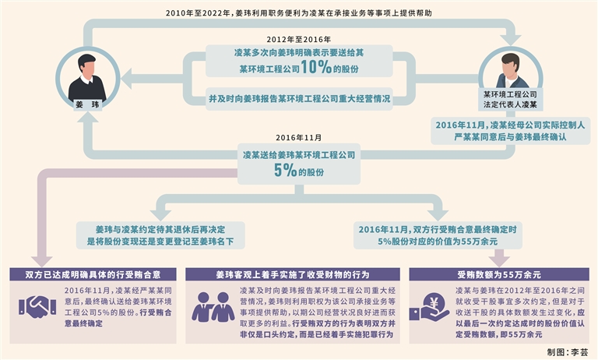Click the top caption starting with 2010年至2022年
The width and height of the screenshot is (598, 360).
pyautogui.click(x=299, y=14)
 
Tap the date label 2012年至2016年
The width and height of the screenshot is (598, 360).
pyautogui.click(x=299, y=39)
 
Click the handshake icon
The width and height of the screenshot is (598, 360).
pyautogui.click(x=37, y=306)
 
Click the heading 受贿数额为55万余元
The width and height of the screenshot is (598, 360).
pyautogui.click(x=499, y=274)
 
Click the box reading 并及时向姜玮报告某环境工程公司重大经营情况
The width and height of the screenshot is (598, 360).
pyautogui.click(x=299, y=100)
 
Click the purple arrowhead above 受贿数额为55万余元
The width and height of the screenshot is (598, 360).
pyautogui.click(x=498, y=258)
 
